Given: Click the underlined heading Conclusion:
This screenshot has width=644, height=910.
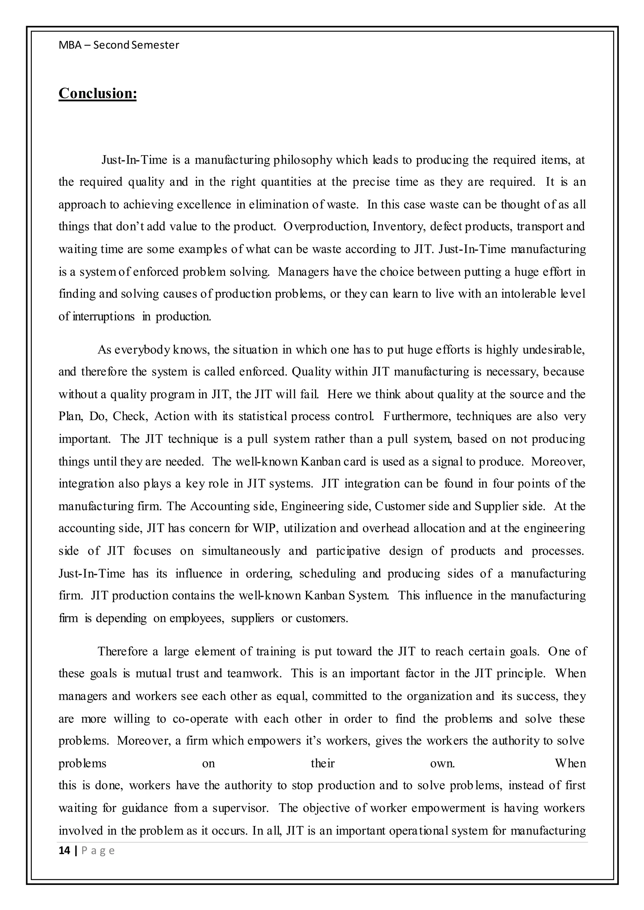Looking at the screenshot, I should coord(97,94).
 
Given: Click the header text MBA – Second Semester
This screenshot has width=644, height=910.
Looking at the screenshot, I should coord(119,45).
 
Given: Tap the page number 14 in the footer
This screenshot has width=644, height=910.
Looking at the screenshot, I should coord(64,851).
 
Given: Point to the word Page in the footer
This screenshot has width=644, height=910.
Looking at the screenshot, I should coord(98,851).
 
